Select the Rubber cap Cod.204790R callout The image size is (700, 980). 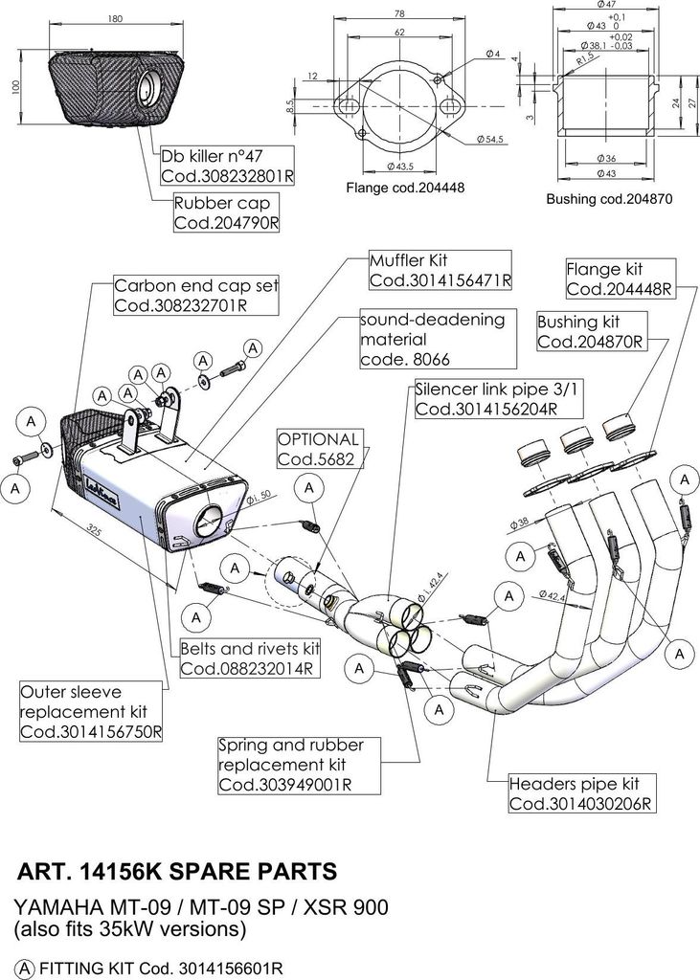[226, 212]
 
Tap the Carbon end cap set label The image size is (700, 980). [195, 296]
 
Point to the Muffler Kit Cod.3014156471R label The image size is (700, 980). [440, 270]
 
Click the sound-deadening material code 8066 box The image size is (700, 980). [431, 339]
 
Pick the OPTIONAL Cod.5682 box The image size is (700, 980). [320, 449]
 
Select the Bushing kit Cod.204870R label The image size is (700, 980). [590, 331]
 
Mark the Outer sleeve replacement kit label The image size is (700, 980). [91, 711]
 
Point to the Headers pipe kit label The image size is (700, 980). [581, 793]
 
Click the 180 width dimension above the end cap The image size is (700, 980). [116, 18]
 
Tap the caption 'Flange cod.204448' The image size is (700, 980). [404, 189]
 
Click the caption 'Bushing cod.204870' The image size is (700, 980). [609, 199]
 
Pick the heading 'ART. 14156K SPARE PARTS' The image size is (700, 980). [178, 871]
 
